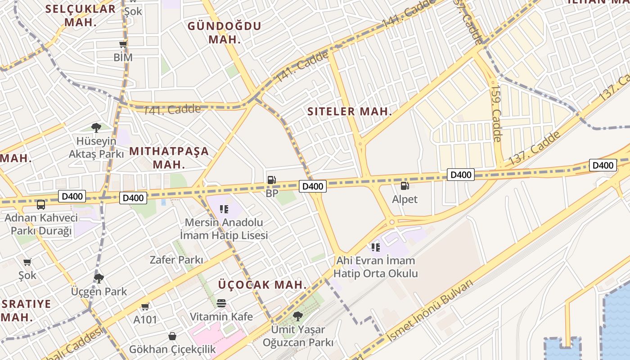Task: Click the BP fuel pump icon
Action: tap(271, 180)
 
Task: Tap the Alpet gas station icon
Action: tap(405, 185)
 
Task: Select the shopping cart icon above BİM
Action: tap(123, 44)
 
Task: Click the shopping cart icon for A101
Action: tap(145, 306)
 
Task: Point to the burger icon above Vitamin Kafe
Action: tap(221, 303)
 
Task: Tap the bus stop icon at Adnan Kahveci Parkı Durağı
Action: tap(41, 205)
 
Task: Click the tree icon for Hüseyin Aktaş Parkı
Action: tap(96, 127)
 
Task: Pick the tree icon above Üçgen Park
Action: tap(99, 278)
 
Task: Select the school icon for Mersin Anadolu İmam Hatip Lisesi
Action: tap(224, 209)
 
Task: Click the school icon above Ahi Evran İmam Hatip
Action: tap(376, 247)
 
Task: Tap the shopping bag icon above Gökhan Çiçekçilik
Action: tap(172, 336)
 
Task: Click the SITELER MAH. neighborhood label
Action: tap(350, 112)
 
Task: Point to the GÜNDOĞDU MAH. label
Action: tap(224, 32)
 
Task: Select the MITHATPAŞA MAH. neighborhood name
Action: tap(169, 157)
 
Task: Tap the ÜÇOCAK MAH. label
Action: tap(262, 285)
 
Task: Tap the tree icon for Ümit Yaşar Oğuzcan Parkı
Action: tap(297, 316)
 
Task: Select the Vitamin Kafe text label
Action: tap(221, 316)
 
